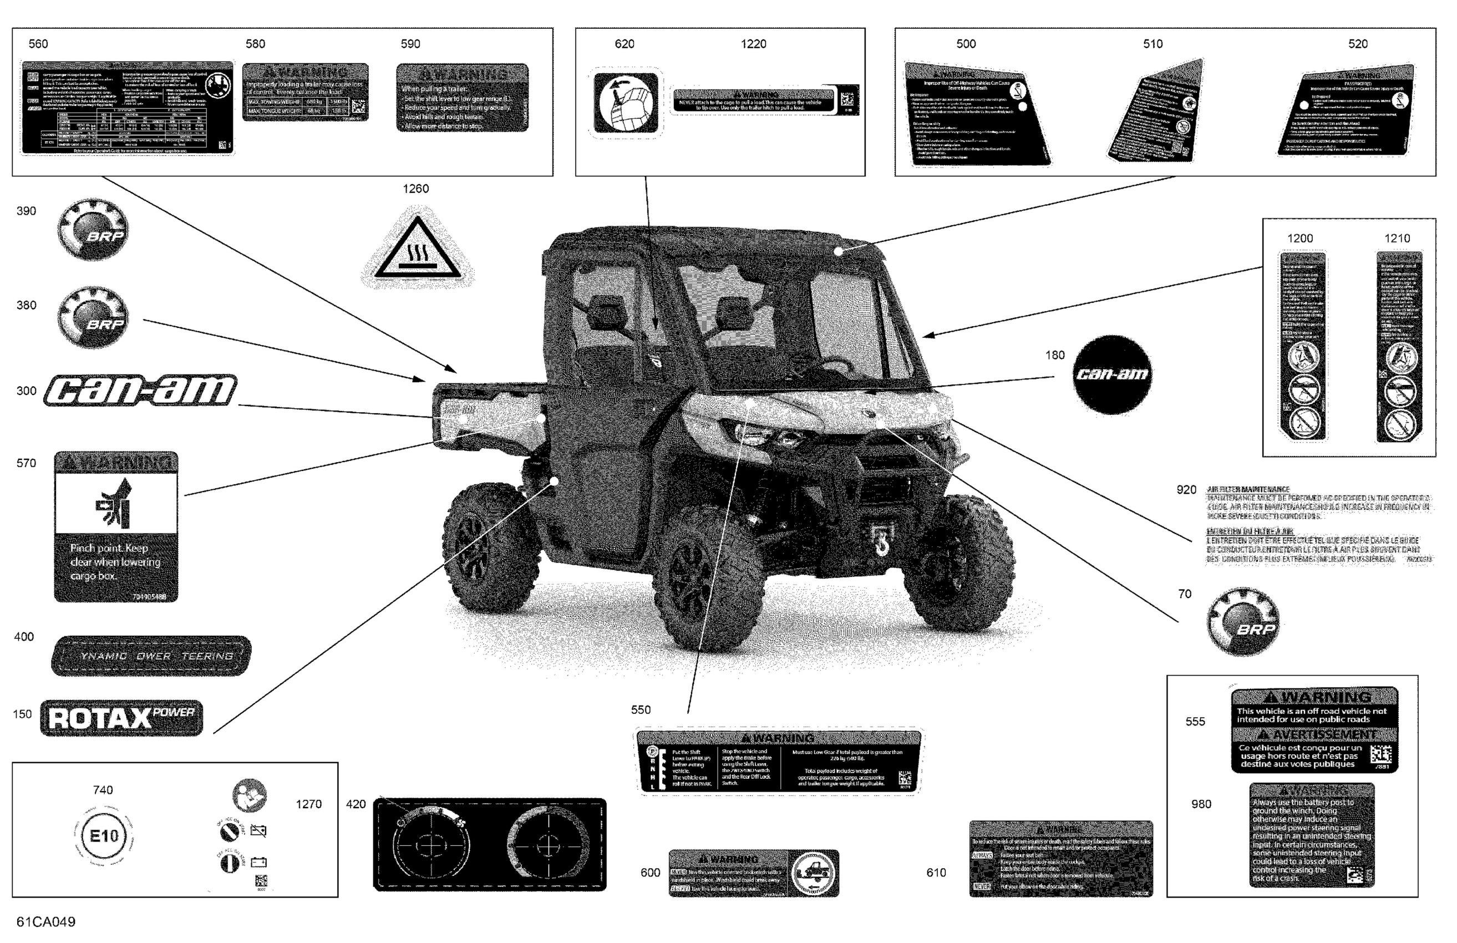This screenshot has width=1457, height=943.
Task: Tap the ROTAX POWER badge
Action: click(121, 718)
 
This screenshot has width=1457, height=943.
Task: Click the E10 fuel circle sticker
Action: click(104, 836)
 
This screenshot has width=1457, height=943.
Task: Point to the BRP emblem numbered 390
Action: click(93, 229)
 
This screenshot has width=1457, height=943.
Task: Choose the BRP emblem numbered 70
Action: click(1243, 621)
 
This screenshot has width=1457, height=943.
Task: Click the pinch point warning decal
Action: click(116, 526)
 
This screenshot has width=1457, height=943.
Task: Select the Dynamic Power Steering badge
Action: click(151, 656)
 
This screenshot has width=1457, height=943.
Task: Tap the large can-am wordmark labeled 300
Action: click(140, 390)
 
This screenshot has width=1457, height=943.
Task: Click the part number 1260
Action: click(415, 189)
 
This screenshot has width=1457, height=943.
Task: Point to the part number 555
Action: click(1195, 721)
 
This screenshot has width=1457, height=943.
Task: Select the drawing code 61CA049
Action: click(46, 921)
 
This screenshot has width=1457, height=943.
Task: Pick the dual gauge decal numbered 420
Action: click(489, 844)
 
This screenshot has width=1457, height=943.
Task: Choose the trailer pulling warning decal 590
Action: click(462, 98)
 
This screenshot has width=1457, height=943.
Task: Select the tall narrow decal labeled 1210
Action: click(1399, 347)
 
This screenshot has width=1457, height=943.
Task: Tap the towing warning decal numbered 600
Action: click(754, 873)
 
